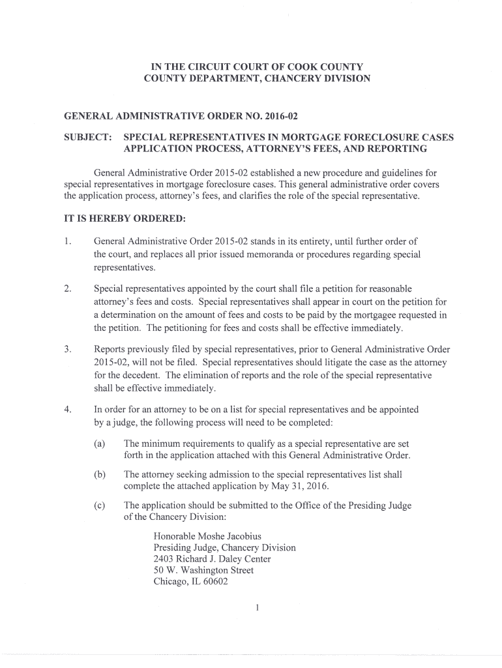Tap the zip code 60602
pos(214,582)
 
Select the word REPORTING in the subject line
pos(394,149)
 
